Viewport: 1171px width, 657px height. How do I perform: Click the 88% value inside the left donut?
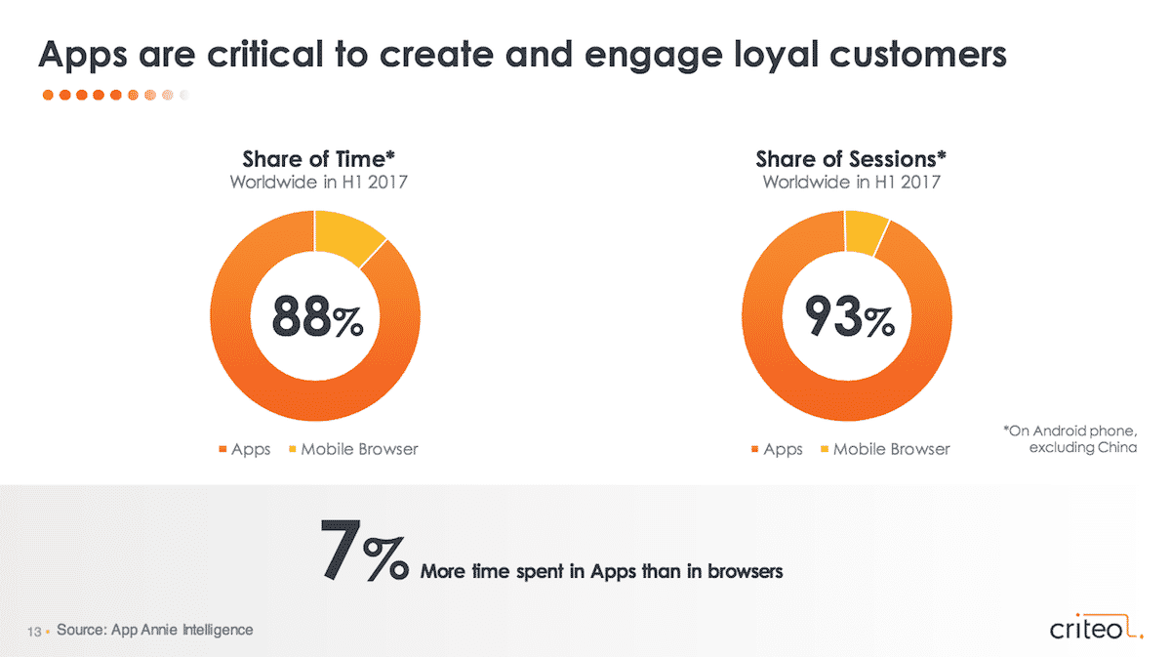click(317, 316)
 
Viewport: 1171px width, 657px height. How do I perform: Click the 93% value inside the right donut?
click(850, 316)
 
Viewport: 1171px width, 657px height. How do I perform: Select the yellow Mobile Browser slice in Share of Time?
click(345, 236)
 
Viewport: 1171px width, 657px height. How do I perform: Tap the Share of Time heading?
click(318, 159)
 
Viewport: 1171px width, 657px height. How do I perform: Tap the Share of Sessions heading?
click(851, 159)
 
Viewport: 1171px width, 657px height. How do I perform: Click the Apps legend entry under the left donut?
click(245, 449)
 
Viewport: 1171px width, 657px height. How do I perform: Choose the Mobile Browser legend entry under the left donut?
click(353, 449)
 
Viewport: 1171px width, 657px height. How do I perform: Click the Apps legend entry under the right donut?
click(777, 449)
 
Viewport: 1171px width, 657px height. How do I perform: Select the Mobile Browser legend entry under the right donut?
click(886, 449)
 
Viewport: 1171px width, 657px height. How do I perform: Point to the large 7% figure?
click(364, 551)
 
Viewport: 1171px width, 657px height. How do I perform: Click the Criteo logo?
click(1096, 627)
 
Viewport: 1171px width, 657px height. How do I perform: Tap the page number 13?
click(34, 632)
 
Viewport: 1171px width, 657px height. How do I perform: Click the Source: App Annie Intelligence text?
click(155, 630)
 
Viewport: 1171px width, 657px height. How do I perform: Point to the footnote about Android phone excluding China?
click(1070, 439)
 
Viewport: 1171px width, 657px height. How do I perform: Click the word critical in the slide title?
click(264, 54)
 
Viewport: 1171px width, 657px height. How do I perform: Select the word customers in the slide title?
click(918, 55)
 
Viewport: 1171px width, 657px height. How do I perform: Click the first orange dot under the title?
click(48, 95)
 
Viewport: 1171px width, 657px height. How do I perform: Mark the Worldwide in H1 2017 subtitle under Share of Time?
click(318, 182)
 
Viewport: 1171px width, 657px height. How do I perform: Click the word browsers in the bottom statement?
click(745, 571)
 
